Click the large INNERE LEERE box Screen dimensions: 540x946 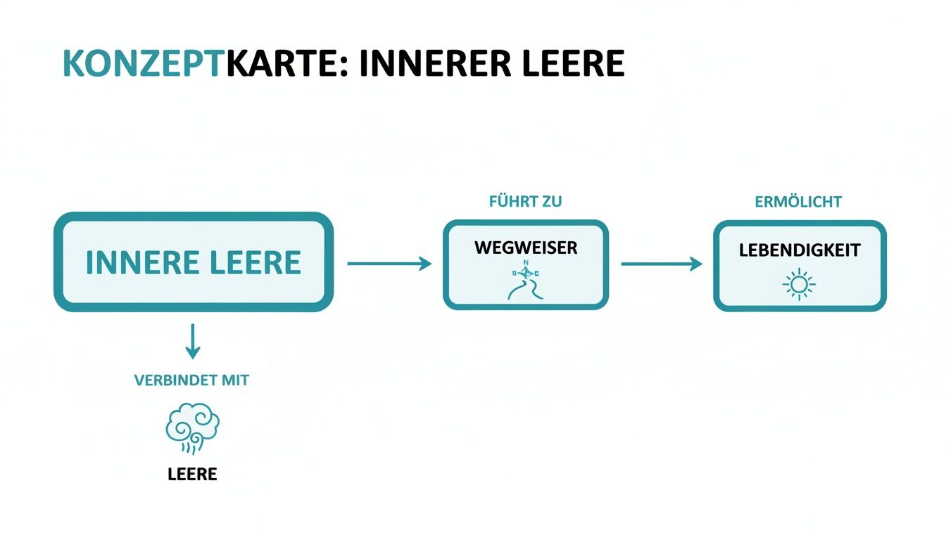point(193,262)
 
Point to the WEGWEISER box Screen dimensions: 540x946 point(525,264)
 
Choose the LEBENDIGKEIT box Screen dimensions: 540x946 point(800,265)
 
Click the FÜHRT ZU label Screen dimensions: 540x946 point(525,202)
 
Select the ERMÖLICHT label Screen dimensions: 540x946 point(798,202)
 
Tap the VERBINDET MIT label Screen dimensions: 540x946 point(191,380)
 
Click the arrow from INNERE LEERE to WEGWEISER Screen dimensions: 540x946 point(389,264)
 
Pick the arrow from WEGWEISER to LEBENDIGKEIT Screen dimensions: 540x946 point(661,264)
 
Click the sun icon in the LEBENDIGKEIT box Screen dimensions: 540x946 point(799,284)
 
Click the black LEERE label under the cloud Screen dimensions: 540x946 point(192,474)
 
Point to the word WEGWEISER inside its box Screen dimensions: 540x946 point(525,247)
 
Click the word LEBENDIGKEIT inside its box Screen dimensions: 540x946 point(800,250)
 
